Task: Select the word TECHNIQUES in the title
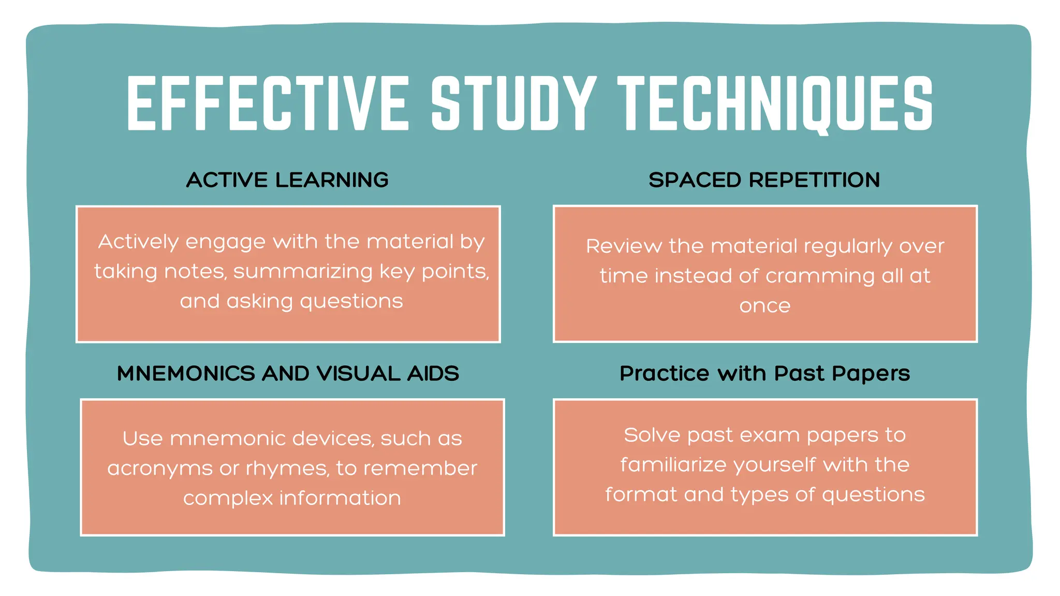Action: pyautogui.click(x=775, y=103)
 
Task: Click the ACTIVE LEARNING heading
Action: pyautogui.click(x=287, y=180)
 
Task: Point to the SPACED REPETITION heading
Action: pyautogui.click(x=764, y=180)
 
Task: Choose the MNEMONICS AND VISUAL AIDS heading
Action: pyautogui.click(x=288, y=374)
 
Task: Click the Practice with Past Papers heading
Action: pyautogui.click(x=764, y=374)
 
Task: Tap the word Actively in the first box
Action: pyautogui.click(x=139, y=242)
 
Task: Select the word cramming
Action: pyautogui.click(x=820, y=276)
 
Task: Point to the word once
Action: pyautogui.click(x=765, y=306)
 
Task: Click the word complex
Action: pyautogui.click(x=228, y=499)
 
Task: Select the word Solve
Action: pyautogui.click(x=652, y=435)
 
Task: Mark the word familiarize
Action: pyautogui.click(x=673, y=465)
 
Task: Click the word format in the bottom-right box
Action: pyautogui.click(x=641, y=495)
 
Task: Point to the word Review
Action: pyautogui.click(x=623, y=246)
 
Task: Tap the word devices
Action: pyautogui.click(x=332, y=439)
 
